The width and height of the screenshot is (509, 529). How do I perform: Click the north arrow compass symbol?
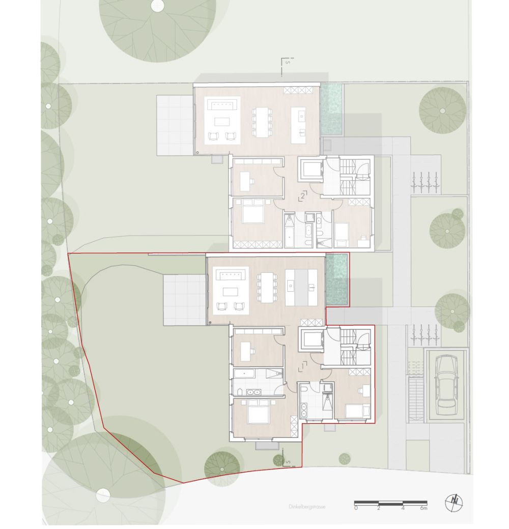454,503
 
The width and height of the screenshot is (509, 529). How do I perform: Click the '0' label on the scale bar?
356,508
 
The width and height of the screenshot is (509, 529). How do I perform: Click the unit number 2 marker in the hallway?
303,195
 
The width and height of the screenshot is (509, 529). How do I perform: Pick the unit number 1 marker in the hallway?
303,365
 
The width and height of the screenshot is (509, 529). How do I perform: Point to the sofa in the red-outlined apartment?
232,275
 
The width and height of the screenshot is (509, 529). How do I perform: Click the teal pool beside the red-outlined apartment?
336,280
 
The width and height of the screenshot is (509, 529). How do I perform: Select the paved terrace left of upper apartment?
174,125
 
